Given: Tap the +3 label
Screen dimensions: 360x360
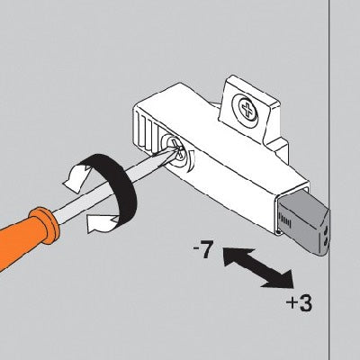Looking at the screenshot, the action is pyautogui.click(x=299, y=303).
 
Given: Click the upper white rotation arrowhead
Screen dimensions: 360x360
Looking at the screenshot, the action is pyautogui.click(x=74, y=178).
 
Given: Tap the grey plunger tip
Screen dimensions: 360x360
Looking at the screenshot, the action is pyautogui.click(x=303, y=225).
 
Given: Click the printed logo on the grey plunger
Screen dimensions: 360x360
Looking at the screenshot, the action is pyautogui.click(x=286, y=217).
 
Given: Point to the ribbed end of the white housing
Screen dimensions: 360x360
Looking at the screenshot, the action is pyautogui.click(x=147, y=133).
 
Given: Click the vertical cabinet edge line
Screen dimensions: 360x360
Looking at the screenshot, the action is pyautogui.click(x=330, y=180).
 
